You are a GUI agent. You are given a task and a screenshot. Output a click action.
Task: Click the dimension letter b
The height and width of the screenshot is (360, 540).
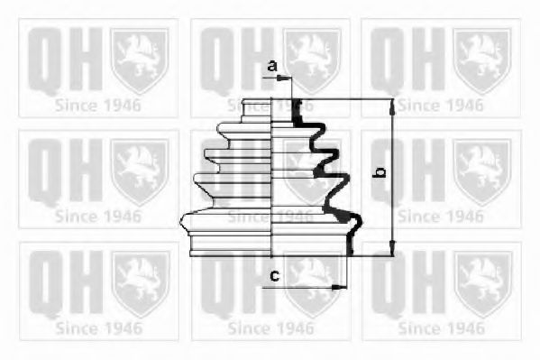380,171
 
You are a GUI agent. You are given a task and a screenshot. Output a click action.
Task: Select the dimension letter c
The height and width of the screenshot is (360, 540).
274,275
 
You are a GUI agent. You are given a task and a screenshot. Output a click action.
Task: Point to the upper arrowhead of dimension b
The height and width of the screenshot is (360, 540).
392,105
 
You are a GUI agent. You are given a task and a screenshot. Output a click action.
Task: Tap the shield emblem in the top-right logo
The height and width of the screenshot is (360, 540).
481,59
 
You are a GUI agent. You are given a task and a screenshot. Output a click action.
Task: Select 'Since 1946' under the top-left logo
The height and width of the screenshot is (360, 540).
97,105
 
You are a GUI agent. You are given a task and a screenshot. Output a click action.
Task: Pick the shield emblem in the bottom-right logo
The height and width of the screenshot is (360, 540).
481,283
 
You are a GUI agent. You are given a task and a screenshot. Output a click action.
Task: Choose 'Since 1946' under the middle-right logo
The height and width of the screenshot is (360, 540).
440,217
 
